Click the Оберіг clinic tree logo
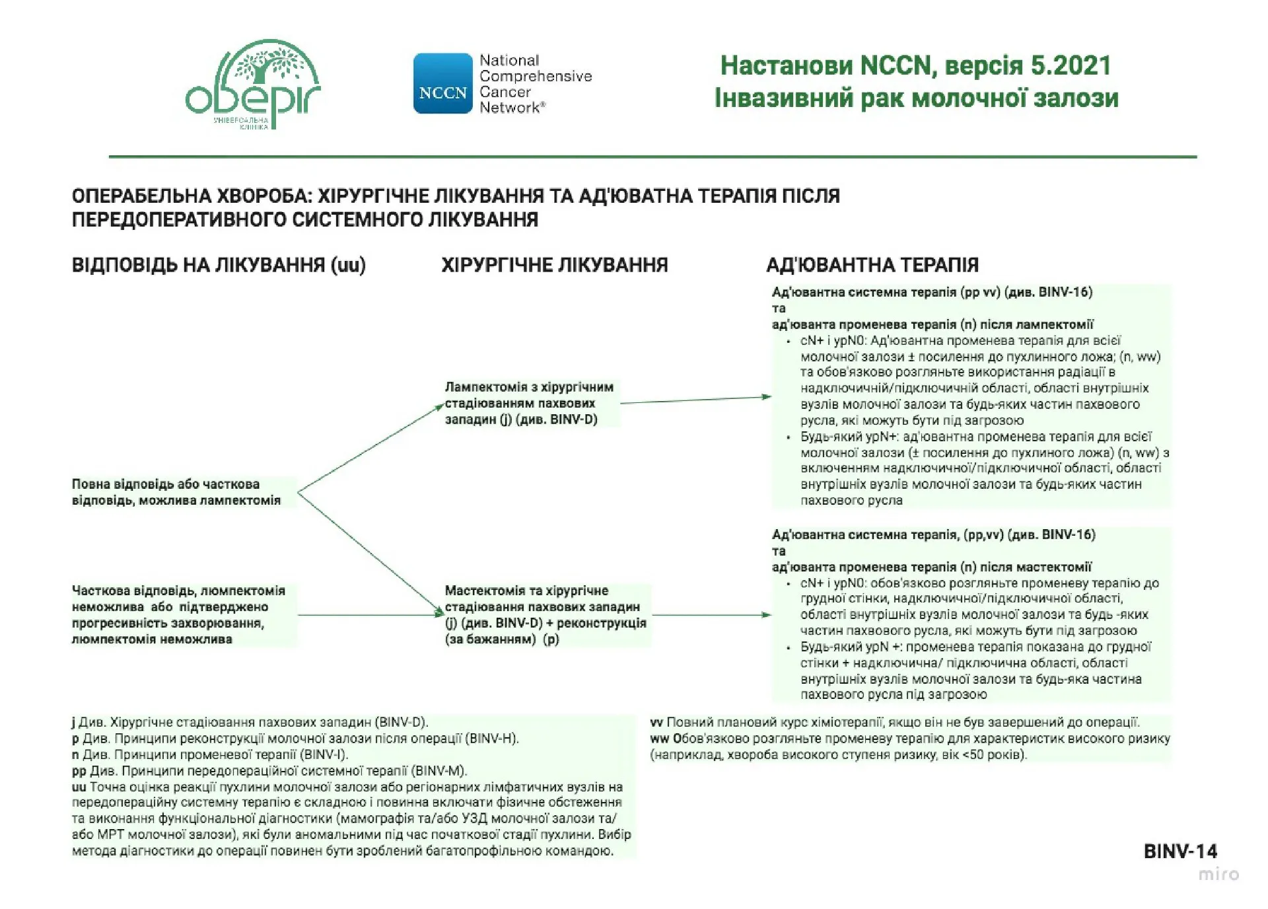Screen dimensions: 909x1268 point(253,83)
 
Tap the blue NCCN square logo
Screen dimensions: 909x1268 point(442,84)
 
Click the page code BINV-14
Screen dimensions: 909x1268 point(1180,852)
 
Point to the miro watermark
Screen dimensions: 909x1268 point(1218,875)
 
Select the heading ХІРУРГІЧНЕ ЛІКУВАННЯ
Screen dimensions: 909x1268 point(554,266)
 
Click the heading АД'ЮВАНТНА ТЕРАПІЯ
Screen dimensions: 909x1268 point(872,266)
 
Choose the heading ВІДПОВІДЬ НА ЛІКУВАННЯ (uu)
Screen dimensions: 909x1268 point(219,266)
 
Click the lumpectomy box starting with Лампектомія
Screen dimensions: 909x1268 point(529,403)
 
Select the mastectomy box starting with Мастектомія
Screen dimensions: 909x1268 point(545,614)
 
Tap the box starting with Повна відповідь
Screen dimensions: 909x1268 point(176,492)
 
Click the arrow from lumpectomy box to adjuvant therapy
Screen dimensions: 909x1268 point(695,400)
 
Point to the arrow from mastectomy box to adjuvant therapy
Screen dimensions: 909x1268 point(711,615)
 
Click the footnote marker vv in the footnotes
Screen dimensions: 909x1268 point(656,722)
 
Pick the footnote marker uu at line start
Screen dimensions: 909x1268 point(79,787)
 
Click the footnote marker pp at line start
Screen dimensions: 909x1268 point(79,771)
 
